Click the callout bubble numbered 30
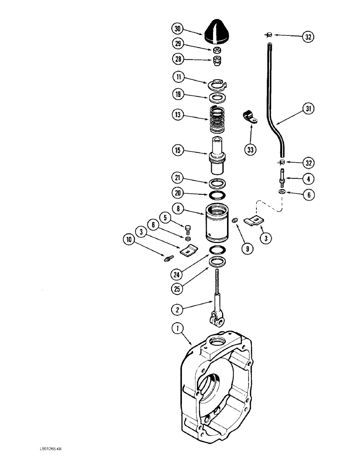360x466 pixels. [x=177, y=29]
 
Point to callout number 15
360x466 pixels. [x=177, y=151]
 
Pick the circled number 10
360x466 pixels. [x=128, y=240]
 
